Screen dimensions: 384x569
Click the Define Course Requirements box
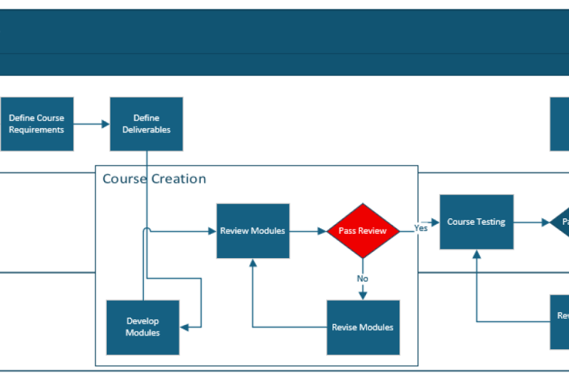click(x=36, y=124)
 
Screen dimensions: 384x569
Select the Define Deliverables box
click(x=146, y=124)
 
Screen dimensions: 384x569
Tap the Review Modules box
click(x=253, y=230)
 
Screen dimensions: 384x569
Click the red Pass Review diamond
click(x=362, y=230)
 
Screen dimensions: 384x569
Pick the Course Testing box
click(x=476, y=222)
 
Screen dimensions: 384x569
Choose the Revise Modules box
click(x=362, y=327)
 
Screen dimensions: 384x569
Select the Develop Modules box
click(x=142, y=327)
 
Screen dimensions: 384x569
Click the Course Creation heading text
click(x=154, y=178)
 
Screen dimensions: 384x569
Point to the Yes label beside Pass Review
click(x=421, y=228)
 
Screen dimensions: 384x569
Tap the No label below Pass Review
click(x=362, y=278)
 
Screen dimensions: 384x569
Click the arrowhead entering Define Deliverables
click(x=105, y=124)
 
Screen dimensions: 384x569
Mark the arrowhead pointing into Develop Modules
click(x=184, y=327)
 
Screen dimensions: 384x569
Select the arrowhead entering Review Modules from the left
click(x=212, y=230)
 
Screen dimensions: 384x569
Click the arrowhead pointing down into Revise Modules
click(x=362, y=295)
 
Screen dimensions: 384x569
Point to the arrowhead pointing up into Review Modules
click(x=253, y=263)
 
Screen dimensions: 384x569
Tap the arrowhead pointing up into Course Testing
click(x=477, y=254)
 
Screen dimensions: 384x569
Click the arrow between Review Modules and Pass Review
click(x=308, y=230)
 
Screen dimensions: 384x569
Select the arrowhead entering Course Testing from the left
click(x=435, y=222)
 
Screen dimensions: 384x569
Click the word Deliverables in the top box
click(x=146, y=129)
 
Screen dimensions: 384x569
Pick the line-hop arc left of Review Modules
click(x=147, y=230)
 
